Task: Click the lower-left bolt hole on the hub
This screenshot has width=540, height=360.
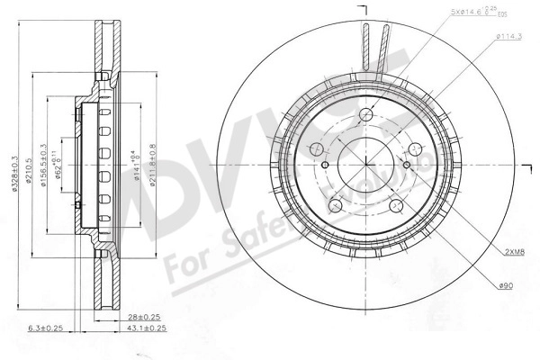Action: coord(339,203)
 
